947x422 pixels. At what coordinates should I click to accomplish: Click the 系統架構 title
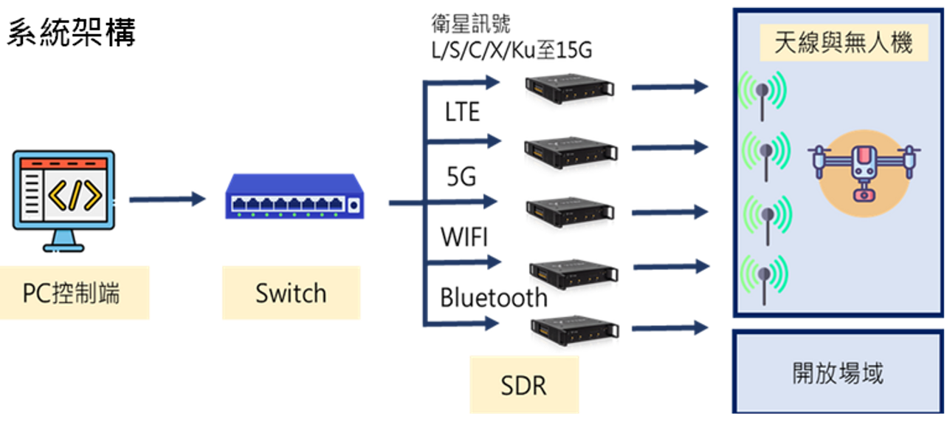tap(72, 33)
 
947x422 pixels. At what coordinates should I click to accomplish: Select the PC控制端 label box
tap(72, 293)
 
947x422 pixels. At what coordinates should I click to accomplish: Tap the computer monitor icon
tap(64, 197)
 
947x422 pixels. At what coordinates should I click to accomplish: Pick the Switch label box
tap(291, 293)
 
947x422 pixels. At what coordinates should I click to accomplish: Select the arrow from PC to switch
tap(167, 199)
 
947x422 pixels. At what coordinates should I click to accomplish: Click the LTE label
tap(462, 112)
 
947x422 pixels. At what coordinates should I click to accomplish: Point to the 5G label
tap(461, 177)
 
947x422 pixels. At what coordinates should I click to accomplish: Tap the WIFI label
tap(464, 238)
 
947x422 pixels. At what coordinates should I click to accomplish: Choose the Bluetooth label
tap(494, 298)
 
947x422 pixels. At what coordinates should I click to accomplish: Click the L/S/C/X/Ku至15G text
tap(512, 51)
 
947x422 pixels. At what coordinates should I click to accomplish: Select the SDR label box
tap(523, 385)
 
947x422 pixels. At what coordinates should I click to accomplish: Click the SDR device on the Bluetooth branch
tap(576, 329)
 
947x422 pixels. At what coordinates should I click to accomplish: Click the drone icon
tap(861, 172)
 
